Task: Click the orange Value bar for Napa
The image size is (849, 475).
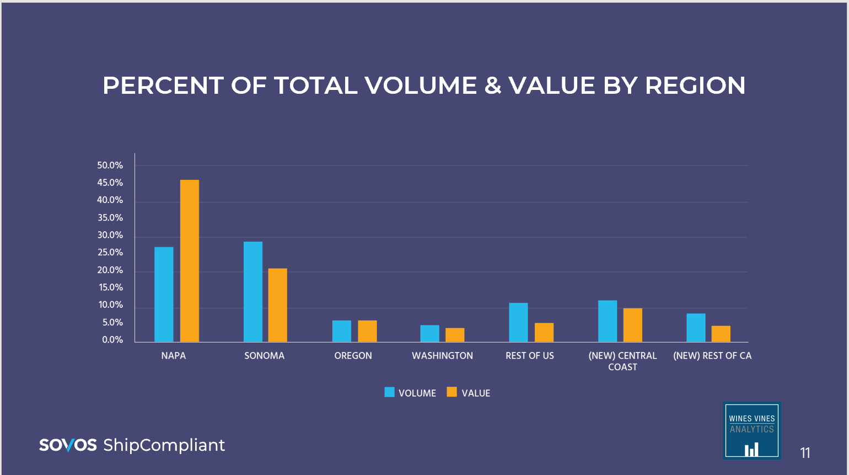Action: click(x=190, y=260)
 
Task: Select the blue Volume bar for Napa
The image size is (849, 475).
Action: click(x=164, y=294)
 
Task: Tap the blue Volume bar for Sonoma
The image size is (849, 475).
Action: click(x=253, y=291)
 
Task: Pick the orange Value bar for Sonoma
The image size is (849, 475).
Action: click(x=278, y=305)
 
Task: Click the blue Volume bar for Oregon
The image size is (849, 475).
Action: click(x=342, y=331)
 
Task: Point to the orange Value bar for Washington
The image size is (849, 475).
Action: click(x=455, y=335)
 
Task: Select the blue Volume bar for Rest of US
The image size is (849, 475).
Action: click(x=518, y=322)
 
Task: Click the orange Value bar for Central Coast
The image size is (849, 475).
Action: click(x=633, y=325)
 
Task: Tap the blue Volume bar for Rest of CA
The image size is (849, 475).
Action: click(x=696, y=328)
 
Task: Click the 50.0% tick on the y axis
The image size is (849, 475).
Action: click(x=110, y=166)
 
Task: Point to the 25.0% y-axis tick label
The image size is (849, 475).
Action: click(x=110, y=253)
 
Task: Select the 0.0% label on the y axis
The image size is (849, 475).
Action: click(x=112, y=340)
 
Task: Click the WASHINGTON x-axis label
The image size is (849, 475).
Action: click(x=442, y=356)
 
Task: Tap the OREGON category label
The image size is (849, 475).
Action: click(x=353, y=356)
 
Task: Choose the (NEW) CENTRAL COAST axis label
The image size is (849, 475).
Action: click(x=622, y=361)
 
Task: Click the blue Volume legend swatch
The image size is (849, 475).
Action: click(x=390, y=392)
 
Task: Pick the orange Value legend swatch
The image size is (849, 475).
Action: click(x=452, y=392)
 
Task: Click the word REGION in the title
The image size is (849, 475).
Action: click(x=695, y=86)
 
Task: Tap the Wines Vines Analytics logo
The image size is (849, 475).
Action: click(x=752, y=430)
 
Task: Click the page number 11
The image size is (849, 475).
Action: click(x=805, y=453)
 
